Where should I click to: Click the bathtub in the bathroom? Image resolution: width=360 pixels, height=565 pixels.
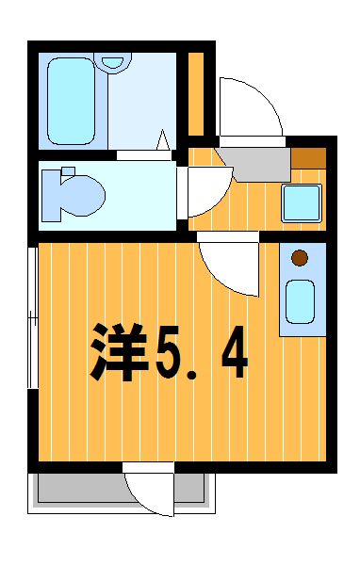pos(71,101)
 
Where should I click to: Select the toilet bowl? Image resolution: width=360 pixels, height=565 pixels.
pos(82,195)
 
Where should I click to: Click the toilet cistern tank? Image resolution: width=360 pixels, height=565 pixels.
pos(51,195)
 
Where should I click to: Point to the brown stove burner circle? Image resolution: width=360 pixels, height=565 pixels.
pos(300,258)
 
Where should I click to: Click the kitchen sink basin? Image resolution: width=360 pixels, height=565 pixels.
pos(300,301)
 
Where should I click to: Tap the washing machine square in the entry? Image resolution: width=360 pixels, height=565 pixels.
pos(302,202)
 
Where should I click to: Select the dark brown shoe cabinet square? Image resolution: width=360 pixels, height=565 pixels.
pos(309,158)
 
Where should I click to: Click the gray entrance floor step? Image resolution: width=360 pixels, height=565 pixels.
pos(254,164)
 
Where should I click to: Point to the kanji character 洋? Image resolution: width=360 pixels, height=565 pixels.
pos(119,352)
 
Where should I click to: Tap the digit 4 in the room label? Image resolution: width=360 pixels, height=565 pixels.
pos(235,351)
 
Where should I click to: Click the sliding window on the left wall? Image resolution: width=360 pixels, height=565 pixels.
pos(33,317)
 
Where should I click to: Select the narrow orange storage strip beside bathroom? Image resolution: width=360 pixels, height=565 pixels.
pos(196,94)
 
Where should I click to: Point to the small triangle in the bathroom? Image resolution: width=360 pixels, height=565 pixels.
pos(163,139)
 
